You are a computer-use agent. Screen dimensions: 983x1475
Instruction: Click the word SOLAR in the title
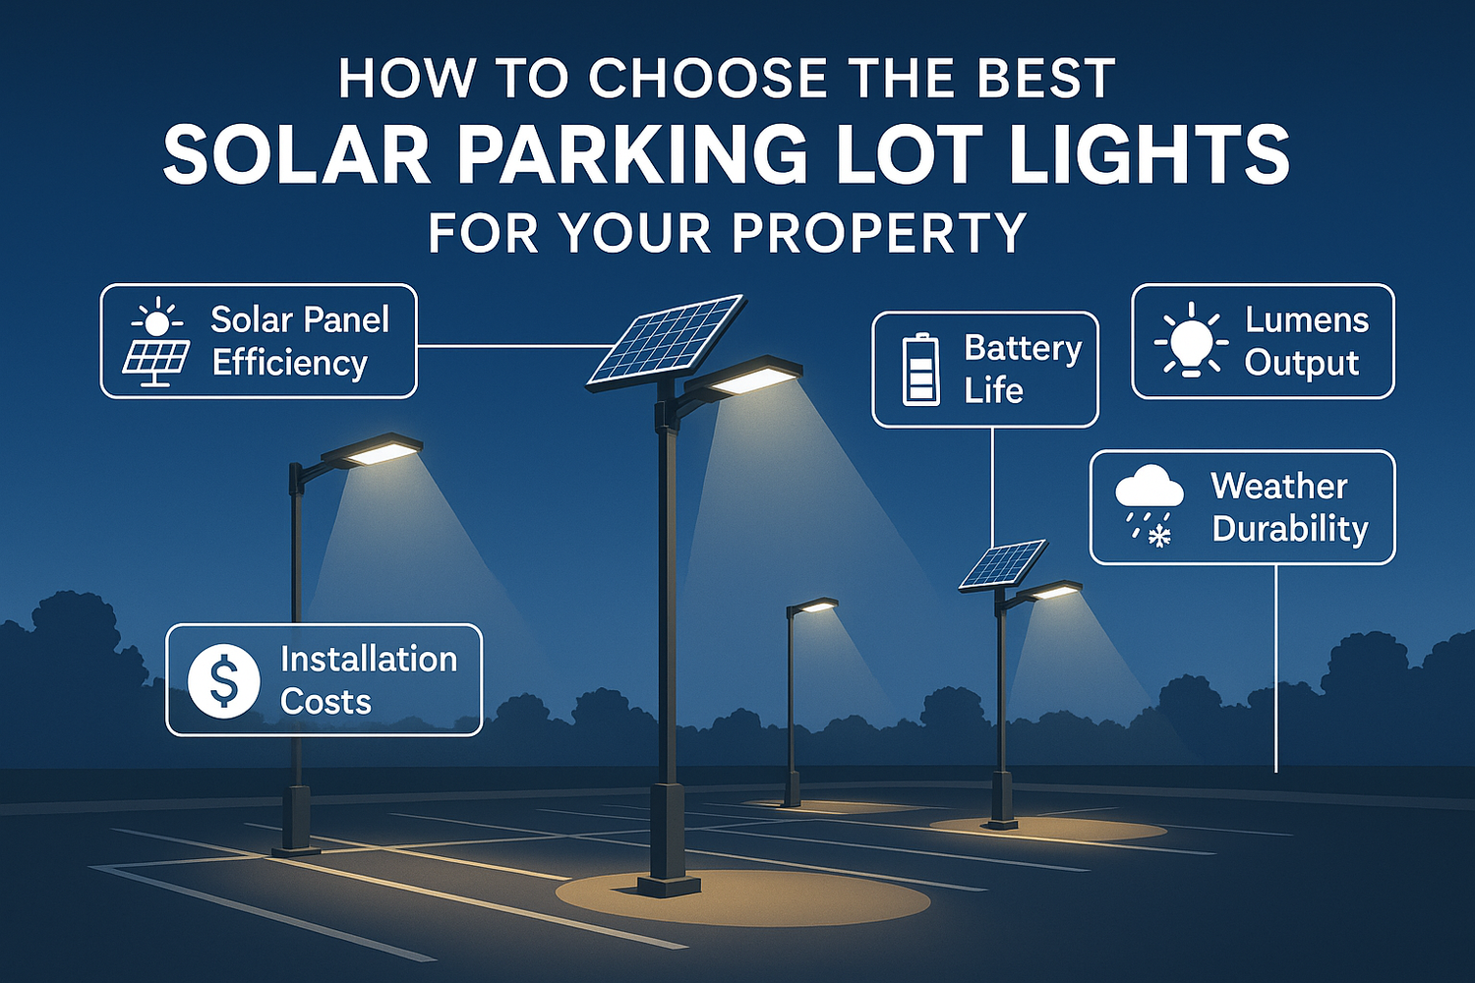pyautogui.click(x=296, y=155)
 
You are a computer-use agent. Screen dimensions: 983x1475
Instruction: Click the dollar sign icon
pyautogui.click(x=224, y=680)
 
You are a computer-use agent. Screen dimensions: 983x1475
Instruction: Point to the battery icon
pyautogui.click(x=920, y=370)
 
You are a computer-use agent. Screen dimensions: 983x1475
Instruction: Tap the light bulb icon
pyautogui.click(x=1191, y=340)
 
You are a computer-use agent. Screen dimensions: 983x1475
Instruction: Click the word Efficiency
pyautogui.click(x=289, y=363)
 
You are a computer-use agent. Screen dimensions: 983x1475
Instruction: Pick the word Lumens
pyautogui.click(x=1307, y=319)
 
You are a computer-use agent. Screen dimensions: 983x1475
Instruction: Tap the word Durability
pyautogui.click(x=1290, y=529)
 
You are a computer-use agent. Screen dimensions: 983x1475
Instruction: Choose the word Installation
pyautogui.click(x=369, y=659)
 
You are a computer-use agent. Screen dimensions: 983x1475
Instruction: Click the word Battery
pyautogui.click(x=1023, y=348)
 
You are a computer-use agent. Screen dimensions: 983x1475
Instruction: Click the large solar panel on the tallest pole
pyautogui.click(x=667, y=338)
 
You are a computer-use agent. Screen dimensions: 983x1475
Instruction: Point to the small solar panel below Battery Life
pyautogui.click(x=1003, y=564)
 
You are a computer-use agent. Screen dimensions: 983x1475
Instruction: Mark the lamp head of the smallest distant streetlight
pyautogui.click(x=815, y=607)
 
